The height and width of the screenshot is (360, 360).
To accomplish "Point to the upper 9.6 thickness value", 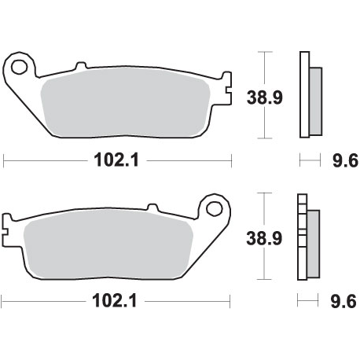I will pos(345,162).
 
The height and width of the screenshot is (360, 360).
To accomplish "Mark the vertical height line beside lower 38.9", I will pos(266,236).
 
